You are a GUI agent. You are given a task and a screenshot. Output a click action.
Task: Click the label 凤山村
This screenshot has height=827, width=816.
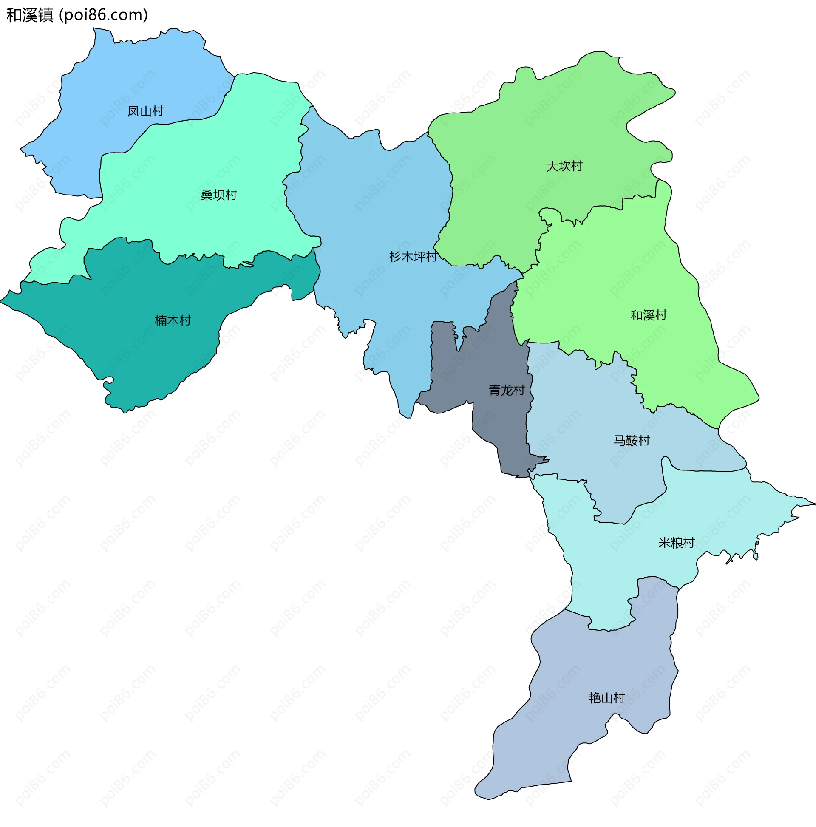click(145, 111)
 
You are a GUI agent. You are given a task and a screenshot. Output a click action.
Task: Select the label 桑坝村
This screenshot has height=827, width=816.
click(219, 195)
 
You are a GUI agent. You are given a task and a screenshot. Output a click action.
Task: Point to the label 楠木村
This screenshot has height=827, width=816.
click(173, 320)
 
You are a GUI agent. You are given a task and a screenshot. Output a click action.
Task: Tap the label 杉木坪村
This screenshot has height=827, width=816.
click(413, 257)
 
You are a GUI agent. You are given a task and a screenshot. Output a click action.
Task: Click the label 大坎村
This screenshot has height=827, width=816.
click(564, 166)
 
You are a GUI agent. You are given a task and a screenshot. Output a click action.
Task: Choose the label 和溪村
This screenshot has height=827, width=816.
click(649, 315)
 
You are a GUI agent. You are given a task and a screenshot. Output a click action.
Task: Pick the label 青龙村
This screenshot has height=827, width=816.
click(507, 391)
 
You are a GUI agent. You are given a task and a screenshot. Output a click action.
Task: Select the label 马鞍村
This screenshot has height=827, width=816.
click(632, 440)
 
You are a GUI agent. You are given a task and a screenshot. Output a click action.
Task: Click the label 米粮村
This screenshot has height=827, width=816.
click(677, 543)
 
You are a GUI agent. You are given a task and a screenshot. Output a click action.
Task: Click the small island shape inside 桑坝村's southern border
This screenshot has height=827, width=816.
click(247, 263)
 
